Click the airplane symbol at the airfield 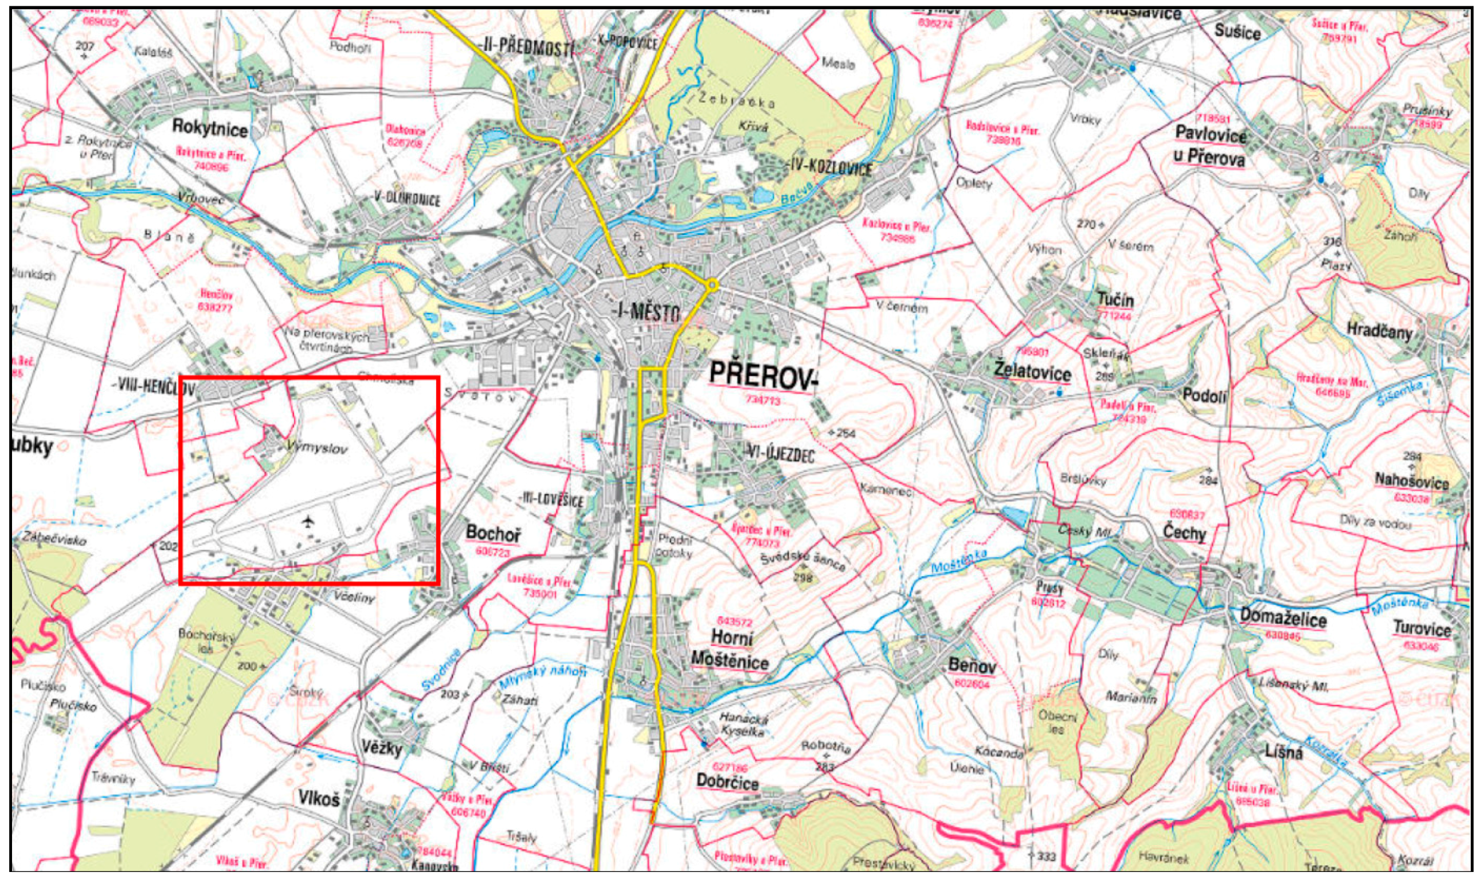pos(307,522)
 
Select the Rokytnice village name pos(210,127)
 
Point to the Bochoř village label pos(494,533)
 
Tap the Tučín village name pos(1115,300)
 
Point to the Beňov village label pos(972,666)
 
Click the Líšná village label pos(1279,754)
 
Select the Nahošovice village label pos(1412,483)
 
